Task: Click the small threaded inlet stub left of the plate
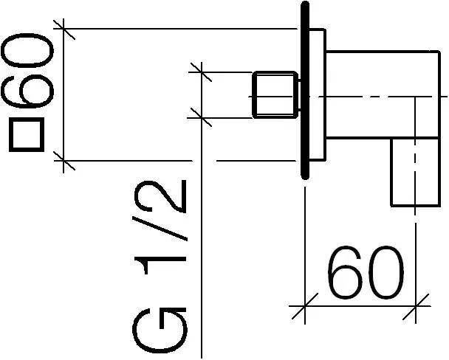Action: coord(275,95)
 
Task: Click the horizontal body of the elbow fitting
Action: coord(377,94)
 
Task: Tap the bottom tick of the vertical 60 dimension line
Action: coord(66,160)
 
